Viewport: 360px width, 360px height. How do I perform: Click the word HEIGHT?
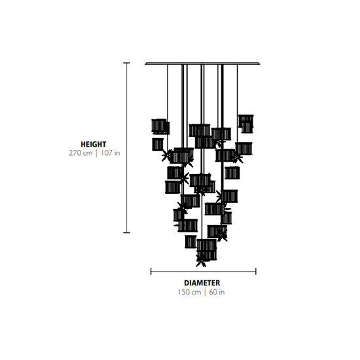(x=93, y=144)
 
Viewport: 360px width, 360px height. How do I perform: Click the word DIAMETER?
(x=202, y=283)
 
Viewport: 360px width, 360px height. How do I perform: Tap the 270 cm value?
(x=81, y=153)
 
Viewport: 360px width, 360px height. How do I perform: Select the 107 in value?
(x=110, y=153)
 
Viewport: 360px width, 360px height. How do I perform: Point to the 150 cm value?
(x=189, y=292)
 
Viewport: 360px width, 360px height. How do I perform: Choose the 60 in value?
(x=217, y=292)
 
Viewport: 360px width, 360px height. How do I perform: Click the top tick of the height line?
(x=127, y=63)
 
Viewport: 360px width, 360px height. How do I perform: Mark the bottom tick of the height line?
(x=127, y=232)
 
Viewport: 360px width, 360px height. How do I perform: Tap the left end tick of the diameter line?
(x=151, y=272)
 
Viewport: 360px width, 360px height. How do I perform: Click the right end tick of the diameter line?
(x=256, y=272)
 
